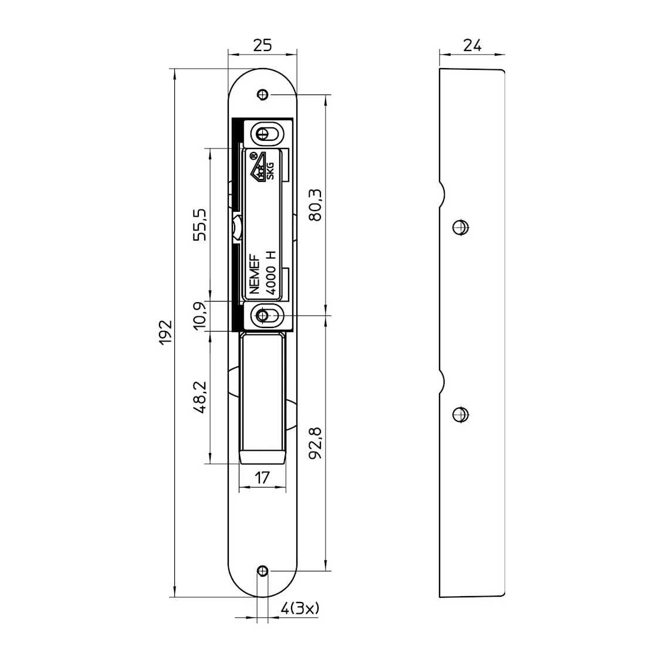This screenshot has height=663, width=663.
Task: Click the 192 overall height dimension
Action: pos(165,332)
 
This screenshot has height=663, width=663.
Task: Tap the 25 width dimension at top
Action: pos(262,45)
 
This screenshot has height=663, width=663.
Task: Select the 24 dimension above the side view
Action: pos(472,45)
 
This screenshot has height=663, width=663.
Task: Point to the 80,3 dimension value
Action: pos(316,205)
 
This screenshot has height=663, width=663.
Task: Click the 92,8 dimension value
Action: pos(316,443)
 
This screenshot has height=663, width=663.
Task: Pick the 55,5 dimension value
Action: pos(200,225)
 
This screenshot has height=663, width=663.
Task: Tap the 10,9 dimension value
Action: pos(200,316)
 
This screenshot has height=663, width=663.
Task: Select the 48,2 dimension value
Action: pos(200,397)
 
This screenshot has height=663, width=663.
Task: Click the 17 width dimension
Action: pos(262,478)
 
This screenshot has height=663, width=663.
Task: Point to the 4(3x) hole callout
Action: pos(300,608)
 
